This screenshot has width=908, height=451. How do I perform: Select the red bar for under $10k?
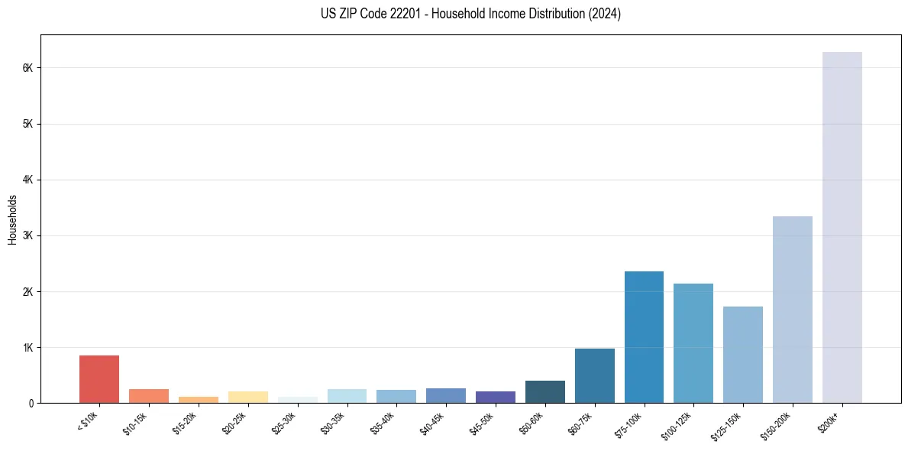[x=99, y=379]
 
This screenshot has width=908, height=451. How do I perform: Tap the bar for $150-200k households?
[x=792, y=310]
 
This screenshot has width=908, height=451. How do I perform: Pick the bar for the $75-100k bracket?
[x=644, y=337]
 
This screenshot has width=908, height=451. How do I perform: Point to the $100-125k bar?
[x=693, y=343]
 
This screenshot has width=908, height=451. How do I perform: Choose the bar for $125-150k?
[x=743, y=355]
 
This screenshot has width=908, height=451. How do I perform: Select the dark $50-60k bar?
[x=544, y=392]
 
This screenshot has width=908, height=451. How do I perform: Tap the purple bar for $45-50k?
[x=496, y=397]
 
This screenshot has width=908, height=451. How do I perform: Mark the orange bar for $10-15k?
[x=149, y=396]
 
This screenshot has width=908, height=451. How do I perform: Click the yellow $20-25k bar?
[x=247, y=397]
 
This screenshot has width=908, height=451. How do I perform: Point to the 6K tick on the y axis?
[x=28, y=68]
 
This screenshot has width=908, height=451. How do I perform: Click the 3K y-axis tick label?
[x=28, y=235]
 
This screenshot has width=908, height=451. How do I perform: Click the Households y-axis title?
[x=13, y=219]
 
